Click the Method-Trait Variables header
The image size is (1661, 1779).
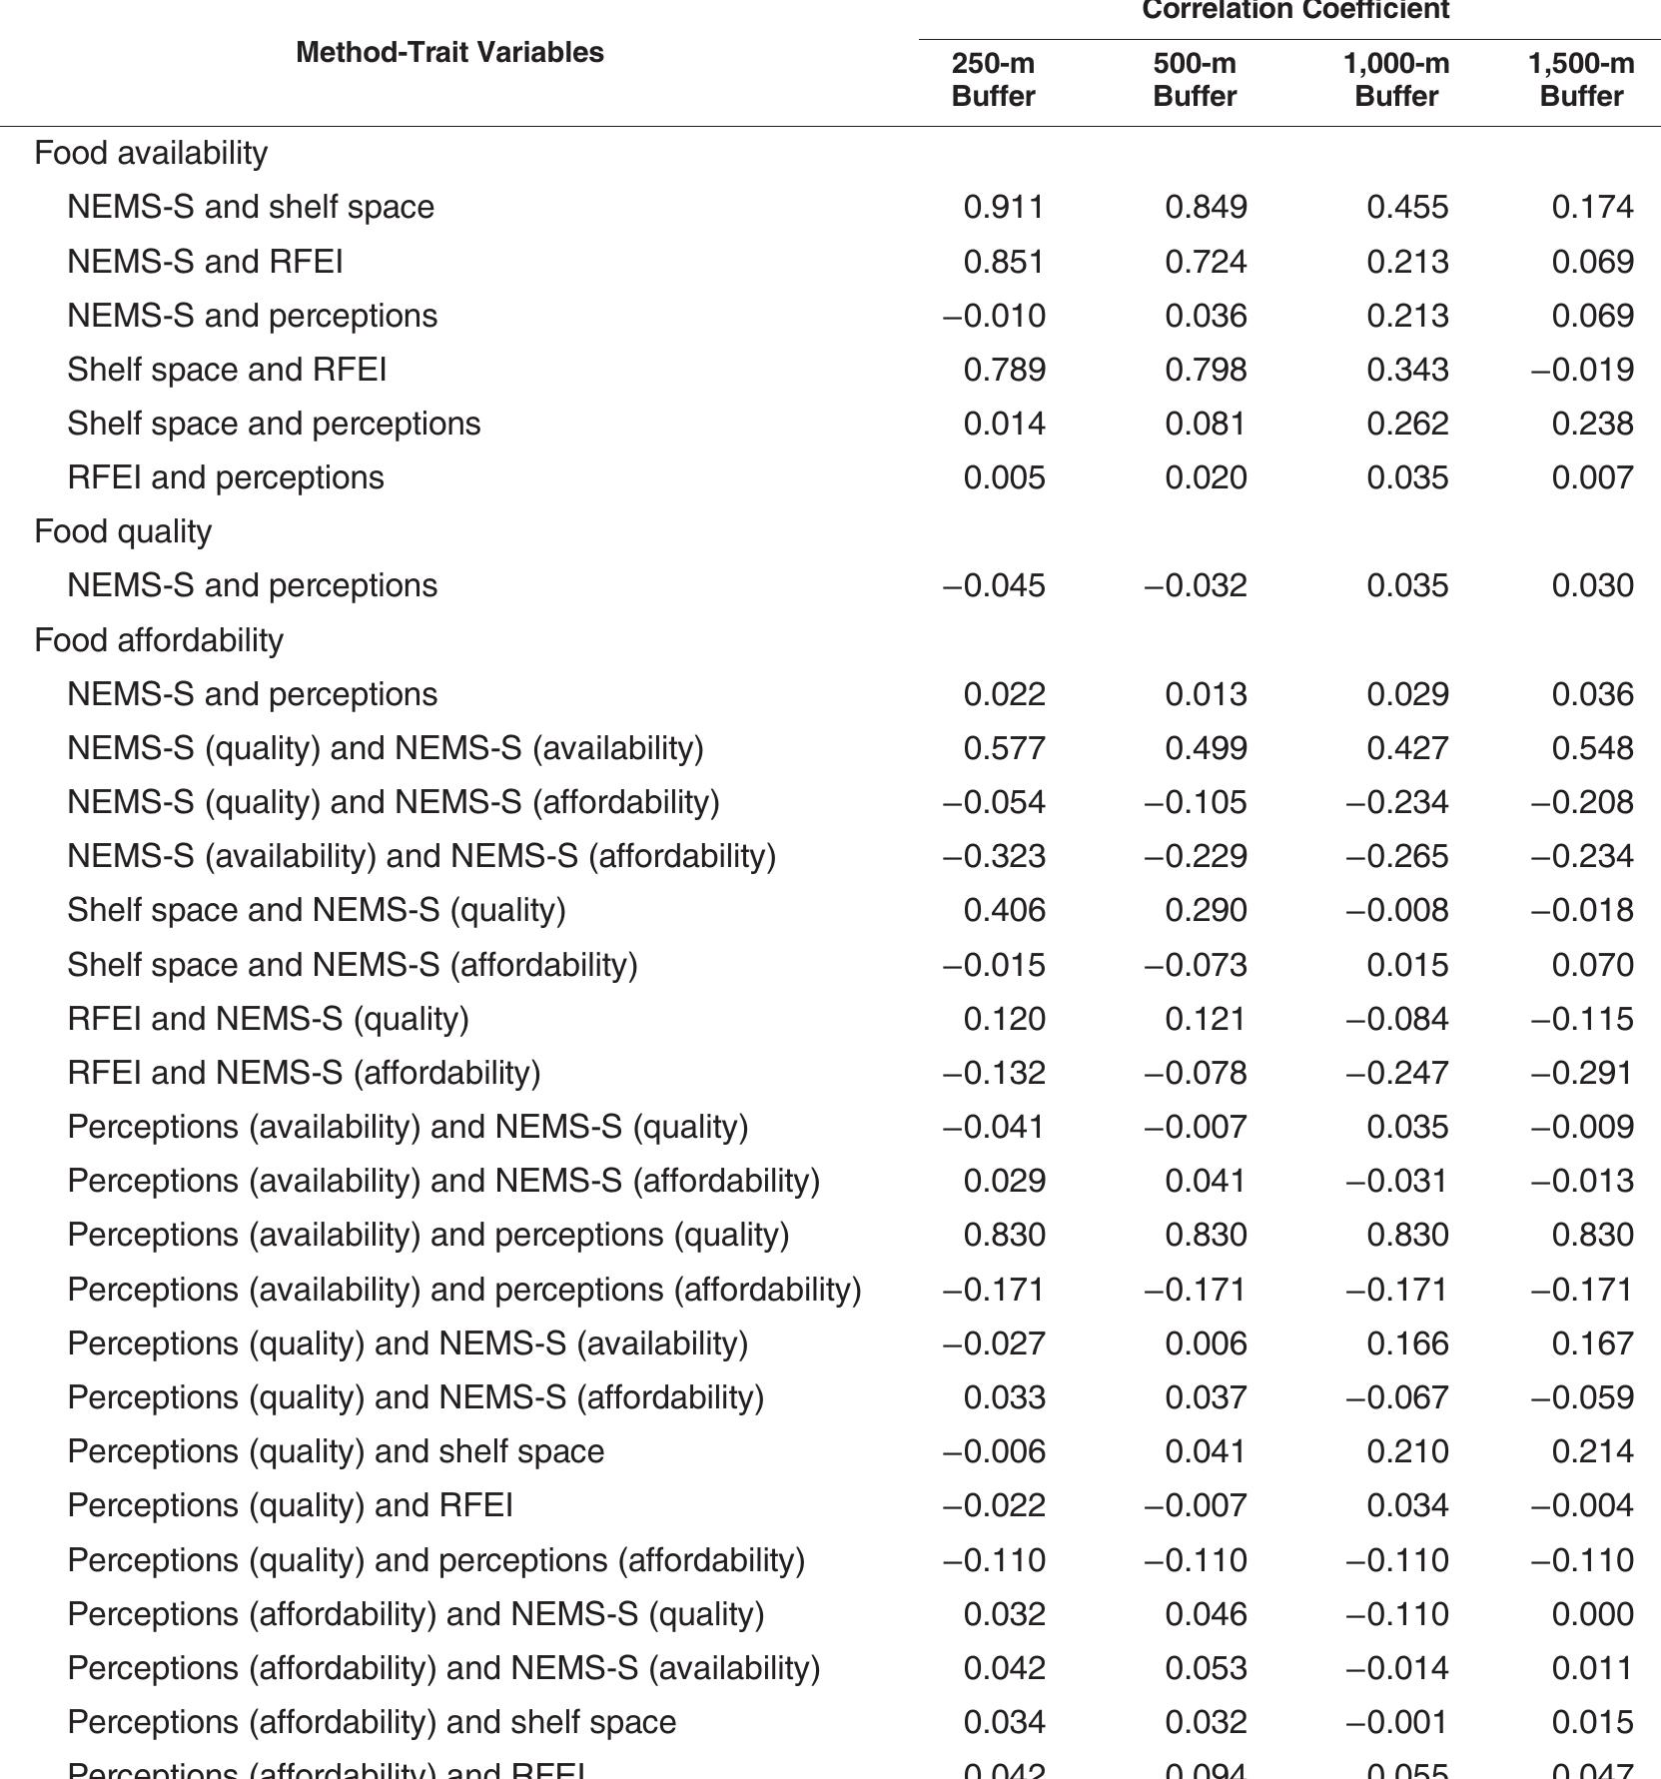coord(449,52)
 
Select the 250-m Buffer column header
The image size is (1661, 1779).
coord(993,80)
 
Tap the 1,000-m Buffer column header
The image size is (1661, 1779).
coord(1395,80)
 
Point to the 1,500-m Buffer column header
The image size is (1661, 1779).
coord(1581,80)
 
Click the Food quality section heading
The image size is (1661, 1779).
coord(123,531)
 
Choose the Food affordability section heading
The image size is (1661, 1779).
coord(159,639)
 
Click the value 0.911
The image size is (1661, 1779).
coord(1004,207)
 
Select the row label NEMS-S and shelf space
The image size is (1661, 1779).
coord(251,207)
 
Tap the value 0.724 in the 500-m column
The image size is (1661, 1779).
coord(1206,262)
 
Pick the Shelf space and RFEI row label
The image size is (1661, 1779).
coord(227,370)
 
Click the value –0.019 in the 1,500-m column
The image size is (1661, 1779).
coord(1582,370)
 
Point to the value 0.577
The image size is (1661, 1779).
coord(1004,748)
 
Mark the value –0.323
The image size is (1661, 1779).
coord(994,856)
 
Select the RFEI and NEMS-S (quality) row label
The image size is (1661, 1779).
coord(268,1019)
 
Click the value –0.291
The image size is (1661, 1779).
coord(1582,1073)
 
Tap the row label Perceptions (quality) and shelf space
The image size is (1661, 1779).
coord(336,1451)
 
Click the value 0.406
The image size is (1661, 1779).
coord(1004,910)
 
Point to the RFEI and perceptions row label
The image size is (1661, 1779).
coord(226,477)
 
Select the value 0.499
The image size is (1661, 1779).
coord(1206,748)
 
